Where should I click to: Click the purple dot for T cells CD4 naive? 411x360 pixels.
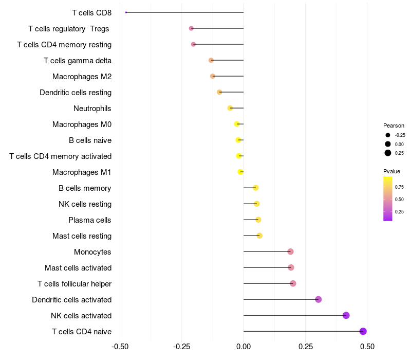click(363, 331)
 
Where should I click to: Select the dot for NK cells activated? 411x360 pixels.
click(346, 315)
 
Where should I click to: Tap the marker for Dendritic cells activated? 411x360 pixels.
click(318, 299)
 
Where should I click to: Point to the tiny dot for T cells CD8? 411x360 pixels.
click(126, 12)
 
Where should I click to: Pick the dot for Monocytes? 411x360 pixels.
click(290, 251)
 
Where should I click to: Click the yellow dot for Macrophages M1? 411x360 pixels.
click(240, 172)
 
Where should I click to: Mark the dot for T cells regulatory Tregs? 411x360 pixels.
click(191, 28)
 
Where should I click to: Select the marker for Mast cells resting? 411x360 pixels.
click(259, 236)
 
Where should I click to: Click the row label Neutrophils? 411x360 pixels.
click(92, 109)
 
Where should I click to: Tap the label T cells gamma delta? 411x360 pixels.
click(78, 61)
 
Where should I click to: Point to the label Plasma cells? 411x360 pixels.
click(90, 220)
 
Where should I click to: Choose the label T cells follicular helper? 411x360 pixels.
click(74, 284)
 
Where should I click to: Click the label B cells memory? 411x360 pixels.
click(85, 188)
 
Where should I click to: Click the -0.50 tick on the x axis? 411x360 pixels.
click(120, 347)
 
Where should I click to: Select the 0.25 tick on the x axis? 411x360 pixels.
click(306, 347)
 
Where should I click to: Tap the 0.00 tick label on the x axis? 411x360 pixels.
click(244, 347)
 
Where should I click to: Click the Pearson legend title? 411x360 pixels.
click(394, 125)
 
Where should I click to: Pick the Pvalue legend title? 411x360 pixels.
click(391, 171)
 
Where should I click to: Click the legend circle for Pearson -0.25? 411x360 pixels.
click(388, 135)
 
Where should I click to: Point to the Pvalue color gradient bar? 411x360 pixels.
click(388, 199)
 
